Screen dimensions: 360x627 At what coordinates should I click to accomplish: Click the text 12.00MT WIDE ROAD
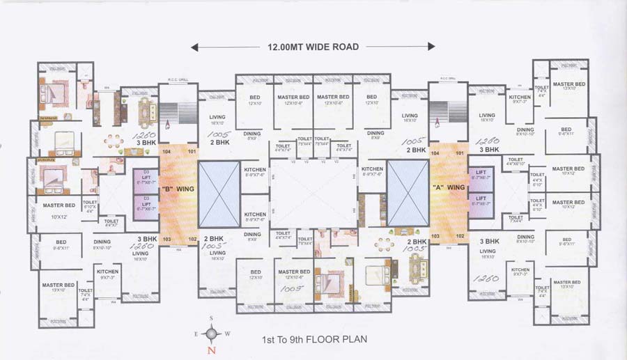click(x=313, y=47)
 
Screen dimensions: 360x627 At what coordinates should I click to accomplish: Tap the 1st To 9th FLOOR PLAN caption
click(x=313, y=341)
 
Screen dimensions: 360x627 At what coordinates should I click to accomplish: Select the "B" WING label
click(x=178, y=189)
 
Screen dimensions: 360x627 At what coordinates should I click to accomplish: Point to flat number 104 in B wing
click(x=166, y=150)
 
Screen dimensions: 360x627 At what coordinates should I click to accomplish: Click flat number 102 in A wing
click(x=460, y=237)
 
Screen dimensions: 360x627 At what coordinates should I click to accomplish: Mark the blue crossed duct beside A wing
click(x=408, y=193)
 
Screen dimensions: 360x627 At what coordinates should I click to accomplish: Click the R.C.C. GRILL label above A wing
click(x=447, y=79)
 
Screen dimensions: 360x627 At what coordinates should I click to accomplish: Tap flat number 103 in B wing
click(x=167, y=239)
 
